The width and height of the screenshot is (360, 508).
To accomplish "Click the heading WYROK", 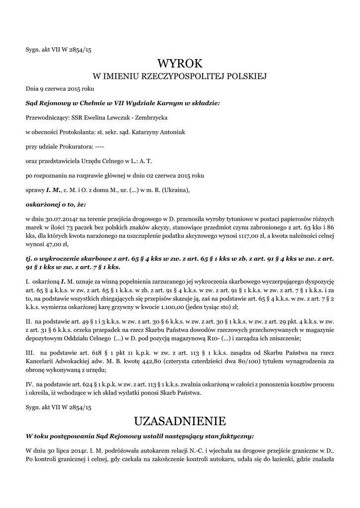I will point(180,63).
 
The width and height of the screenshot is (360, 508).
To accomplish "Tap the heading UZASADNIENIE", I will point(180,421).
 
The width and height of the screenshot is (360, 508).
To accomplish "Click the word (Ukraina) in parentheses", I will point(175,190).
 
